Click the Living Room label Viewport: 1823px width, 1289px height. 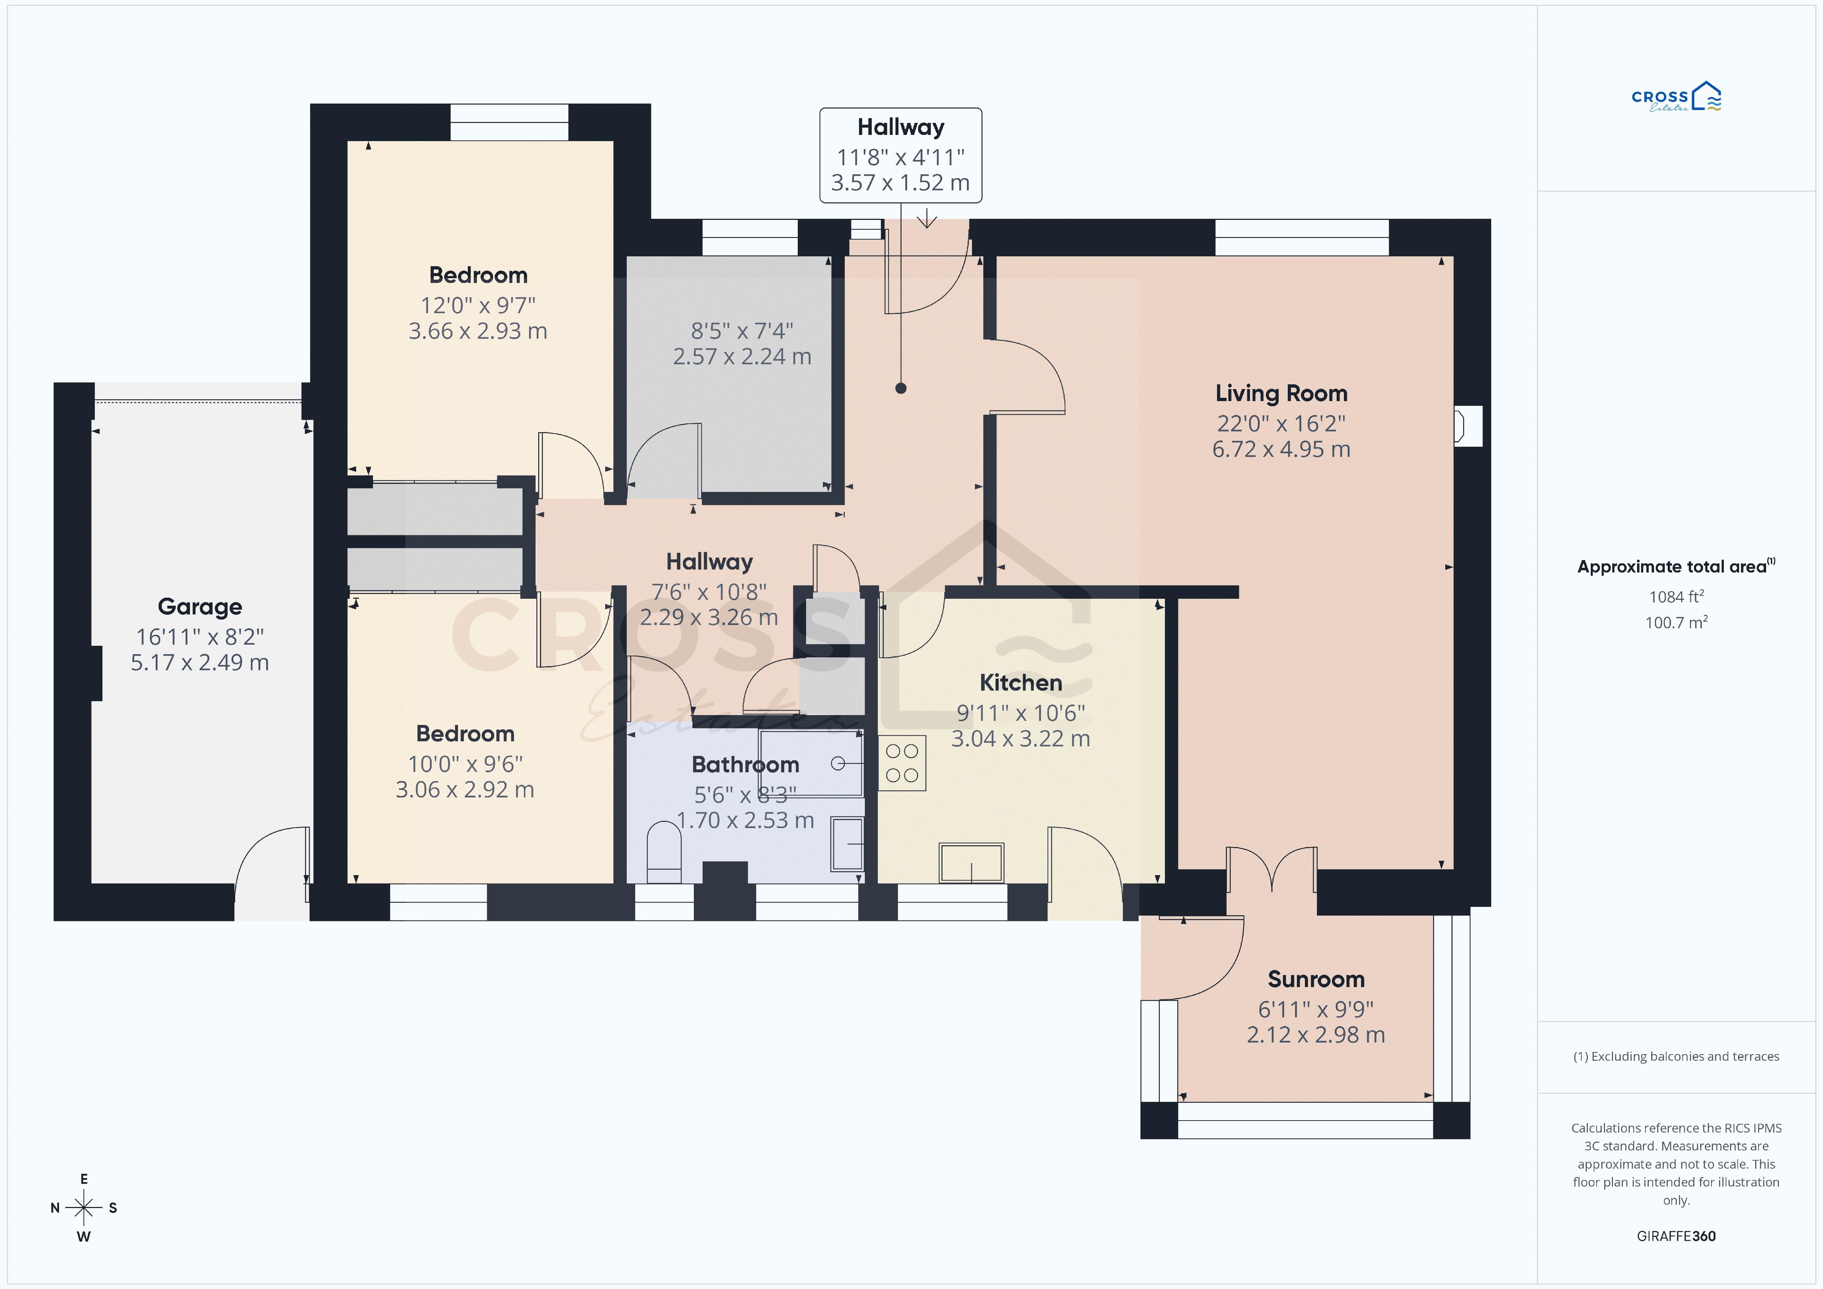[1281, 393]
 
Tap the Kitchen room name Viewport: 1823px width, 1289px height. [1020, 682]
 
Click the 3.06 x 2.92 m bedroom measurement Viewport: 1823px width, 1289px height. [465, 789]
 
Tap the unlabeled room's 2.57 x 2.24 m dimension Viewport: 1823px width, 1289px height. [742, 357]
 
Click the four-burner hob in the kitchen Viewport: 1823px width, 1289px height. [902, 762]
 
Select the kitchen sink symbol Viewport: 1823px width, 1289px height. [971, 862]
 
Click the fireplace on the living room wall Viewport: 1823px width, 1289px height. [1467, 426]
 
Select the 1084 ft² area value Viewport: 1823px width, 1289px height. [1676, 597]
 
